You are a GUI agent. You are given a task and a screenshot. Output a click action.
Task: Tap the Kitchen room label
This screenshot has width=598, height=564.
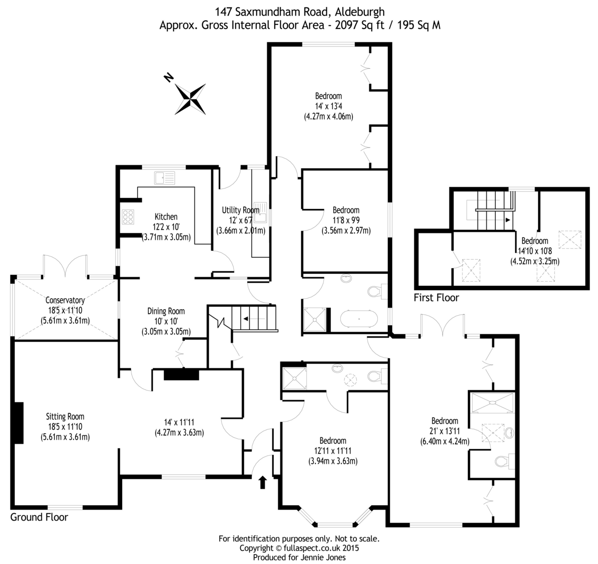(166, 217)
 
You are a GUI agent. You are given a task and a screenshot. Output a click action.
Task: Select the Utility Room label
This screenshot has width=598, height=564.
(241, 210)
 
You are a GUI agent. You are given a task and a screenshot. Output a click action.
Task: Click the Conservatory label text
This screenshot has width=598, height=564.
(65, 301)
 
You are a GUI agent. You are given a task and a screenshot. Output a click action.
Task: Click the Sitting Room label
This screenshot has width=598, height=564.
(65, 416)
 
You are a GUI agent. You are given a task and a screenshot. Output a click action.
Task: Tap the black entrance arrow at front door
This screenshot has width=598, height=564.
(263, 482)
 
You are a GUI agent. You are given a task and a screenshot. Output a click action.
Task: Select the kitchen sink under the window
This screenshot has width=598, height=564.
(165, 178)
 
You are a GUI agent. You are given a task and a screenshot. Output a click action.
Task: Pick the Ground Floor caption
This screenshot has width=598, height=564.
(39, 517)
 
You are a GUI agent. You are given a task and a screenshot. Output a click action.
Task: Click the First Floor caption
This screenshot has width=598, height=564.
(436, 298)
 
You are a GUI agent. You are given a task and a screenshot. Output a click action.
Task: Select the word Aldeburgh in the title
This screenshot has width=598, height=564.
(359, 11)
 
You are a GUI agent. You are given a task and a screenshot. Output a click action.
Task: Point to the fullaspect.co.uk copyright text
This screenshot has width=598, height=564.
(299, 548)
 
